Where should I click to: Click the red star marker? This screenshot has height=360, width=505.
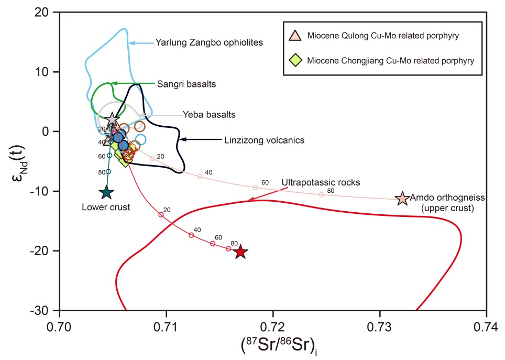tap(240, 252)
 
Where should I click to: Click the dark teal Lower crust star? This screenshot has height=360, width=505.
tap(106, 192)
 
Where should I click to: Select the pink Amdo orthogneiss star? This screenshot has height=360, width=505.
tap(402, 199)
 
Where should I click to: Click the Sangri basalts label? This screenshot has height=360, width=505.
tap(186, 84)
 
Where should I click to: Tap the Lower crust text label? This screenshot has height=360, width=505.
tap(106, 207)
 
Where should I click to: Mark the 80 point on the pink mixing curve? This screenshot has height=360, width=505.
tap(322, 194)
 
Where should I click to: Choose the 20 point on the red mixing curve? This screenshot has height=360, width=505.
tap(161, 215)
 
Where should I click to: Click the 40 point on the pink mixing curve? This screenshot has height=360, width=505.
tap(200, 177)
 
